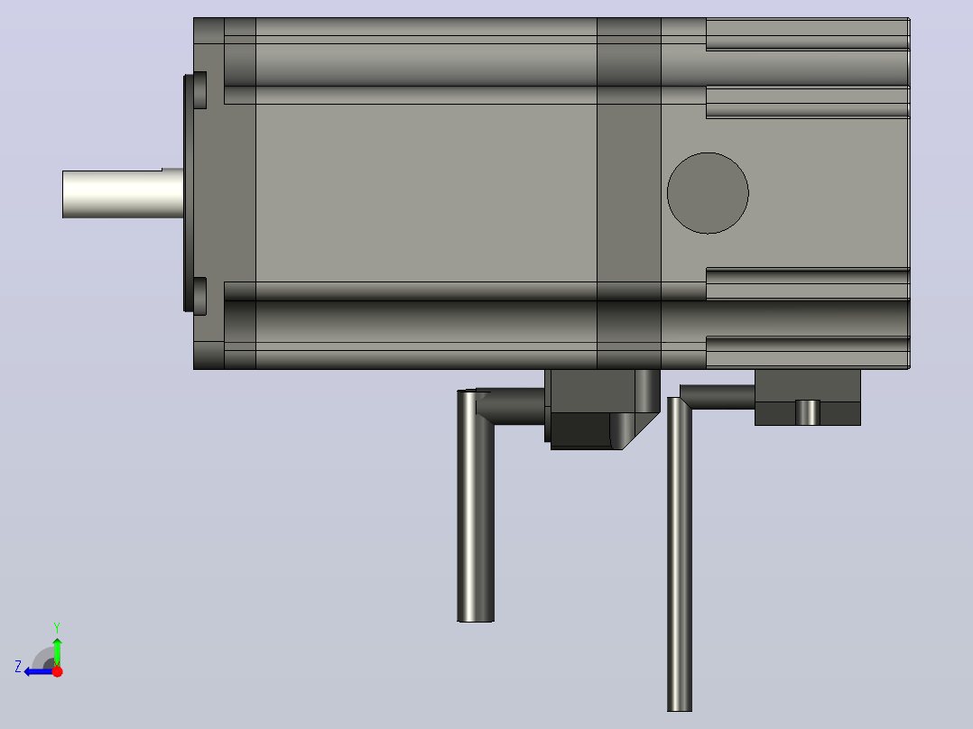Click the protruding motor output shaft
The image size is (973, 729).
[x=123, y=194]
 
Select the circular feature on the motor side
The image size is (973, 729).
[x=708, y=193]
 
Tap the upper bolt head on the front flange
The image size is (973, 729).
[x=199, y=90]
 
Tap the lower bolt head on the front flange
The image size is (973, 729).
[x=199, y=296]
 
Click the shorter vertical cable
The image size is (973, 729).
[x=476, y=505]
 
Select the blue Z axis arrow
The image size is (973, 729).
[x=39, y=671]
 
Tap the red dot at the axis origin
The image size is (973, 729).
[x=57, y=671]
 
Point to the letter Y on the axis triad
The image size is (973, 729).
[x=57, y=627]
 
